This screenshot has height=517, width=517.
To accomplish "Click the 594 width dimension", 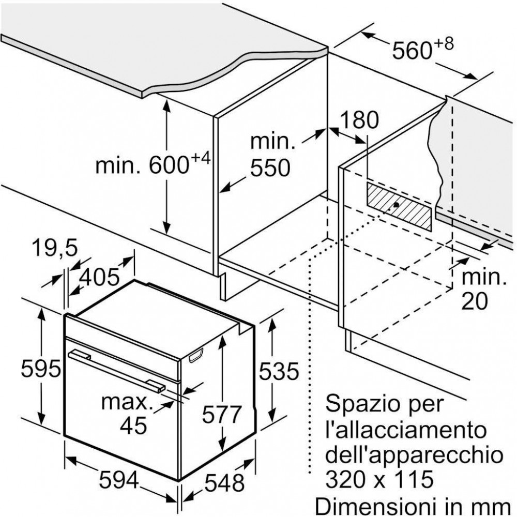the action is pos(119,480).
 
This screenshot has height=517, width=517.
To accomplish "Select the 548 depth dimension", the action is pos(224,483).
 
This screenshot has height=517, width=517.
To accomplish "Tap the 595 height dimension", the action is pos(41,368).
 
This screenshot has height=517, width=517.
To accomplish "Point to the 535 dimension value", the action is pos(279,371).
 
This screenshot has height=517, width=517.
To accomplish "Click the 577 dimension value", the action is pos(222,414).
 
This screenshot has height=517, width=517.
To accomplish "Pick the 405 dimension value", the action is pos(99,277).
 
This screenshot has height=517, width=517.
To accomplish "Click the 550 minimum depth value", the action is pos(270,168).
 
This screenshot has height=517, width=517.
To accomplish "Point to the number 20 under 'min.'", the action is pos(474,301).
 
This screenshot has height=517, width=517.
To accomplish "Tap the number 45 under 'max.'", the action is pos(133,425).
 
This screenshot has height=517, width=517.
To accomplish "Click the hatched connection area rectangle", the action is pos(399,206).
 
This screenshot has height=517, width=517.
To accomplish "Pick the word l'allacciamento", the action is pos(406,430).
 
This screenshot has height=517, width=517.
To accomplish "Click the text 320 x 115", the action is pos(379,479).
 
